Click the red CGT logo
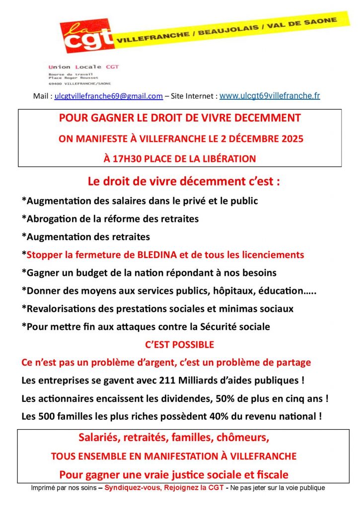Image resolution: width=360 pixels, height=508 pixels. click(85, 36)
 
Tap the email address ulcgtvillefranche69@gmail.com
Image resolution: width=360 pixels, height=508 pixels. click(109, 96)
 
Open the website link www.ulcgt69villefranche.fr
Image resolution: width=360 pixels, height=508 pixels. click(270, 96)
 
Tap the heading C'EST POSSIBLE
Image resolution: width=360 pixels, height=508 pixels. click(180, 344)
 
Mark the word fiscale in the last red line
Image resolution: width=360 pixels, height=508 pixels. click(271, 474)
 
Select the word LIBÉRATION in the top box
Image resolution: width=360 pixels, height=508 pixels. click(227, 159)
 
